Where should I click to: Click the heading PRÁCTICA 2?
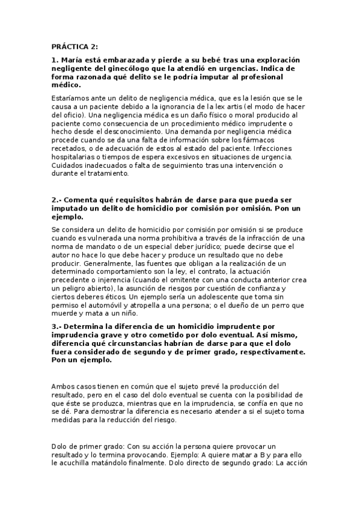pyautogui.click(x=75, y=46)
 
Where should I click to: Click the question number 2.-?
pyautogui.click(x=57, y=200)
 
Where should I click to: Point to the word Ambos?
pyautogui.click(x=63, y=386)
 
